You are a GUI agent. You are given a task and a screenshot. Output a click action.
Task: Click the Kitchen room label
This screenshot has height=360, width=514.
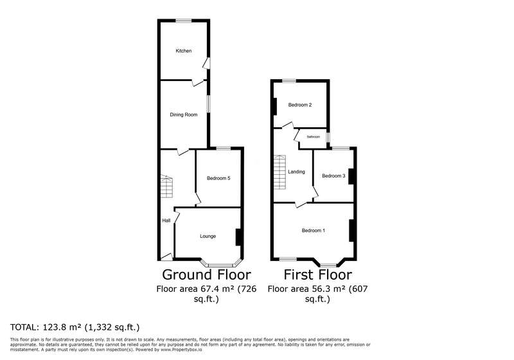(x=184, y=51)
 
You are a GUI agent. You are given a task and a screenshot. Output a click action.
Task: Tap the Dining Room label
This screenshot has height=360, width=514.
(x=184, y=115)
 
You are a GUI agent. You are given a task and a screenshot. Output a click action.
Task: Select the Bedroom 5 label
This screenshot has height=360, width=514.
(x=218, y=178)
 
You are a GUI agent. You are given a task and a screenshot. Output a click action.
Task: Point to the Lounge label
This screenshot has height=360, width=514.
(x=208, y=237)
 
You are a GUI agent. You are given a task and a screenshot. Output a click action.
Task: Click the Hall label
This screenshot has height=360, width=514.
(x=166, y=221)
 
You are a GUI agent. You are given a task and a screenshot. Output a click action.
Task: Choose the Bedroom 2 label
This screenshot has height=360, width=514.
(x=300, y=105)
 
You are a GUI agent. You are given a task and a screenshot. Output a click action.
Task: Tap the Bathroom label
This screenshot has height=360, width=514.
(x=314, y=137)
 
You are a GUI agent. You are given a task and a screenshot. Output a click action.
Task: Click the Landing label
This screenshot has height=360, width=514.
(x=296, y=172)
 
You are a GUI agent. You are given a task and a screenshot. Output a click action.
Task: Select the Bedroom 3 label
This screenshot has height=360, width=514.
(x=333, y=176)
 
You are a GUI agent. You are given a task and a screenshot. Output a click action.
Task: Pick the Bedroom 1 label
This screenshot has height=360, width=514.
(x=314, y=231)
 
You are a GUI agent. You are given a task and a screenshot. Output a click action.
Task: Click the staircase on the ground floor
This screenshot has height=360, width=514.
(x=166, y=186)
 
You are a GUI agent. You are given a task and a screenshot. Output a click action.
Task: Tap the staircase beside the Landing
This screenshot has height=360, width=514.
(x=280, y=172)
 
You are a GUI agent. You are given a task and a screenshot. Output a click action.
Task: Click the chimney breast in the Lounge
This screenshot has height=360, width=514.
(x=239, y=237)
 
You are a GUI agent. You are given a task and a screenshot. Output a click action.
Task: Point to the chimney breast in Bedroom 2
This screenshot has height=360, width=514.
(x=275, y=107)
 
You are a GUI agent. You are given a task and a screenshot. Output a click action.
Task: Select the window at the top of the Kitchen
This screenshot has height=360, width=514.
(x=184, y=21)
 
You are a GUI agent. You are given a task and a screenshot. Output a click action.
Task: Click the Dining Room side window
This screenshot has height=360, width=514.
(x=208, y=104)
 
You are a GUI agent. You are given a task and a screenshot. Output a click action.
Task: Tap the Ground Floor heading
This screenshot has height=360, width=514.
(x=206, y=274)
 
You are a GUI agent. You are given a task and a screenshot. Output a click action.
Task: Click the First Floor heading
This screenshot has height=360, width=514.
(x=318, y=274)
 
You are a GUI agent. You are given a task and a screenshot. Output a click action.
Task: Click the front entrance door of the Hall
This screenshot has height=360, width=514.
(x=167, y=256)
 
